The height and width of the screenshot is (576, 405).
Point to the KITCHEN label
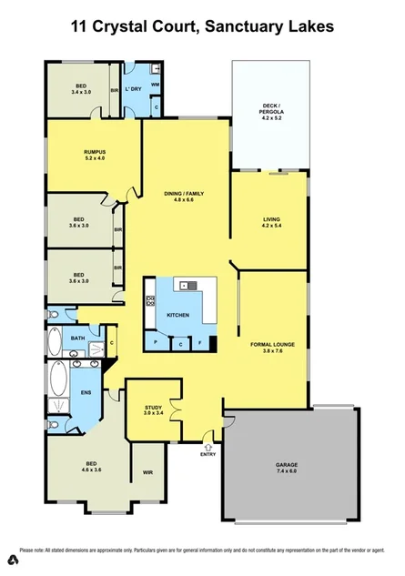click(x=177, y=315)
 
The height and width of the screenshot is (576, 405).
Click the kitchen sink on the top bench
click(x=187, y=286)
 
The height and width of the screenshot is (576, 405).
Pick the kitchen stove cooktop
click(x=150, y=301)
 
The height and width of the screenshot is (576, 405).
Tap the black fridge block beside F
click(x=212, y=343)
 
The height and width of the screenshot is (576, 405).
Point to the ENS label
click(x=86, y=393)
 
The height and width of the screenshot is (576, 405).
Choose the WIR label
click(x=147, y=472)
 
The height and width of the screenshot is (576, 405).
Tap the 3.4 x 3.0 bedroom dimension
click(x=83, y=92)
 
